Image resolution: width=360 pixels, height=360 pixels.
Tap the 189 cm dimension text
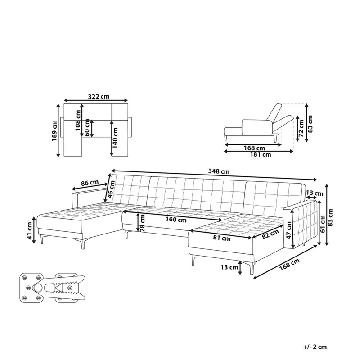(x=54, y=130)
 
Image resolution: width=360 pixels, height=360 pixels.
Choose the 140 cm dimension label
(x=115, y=139)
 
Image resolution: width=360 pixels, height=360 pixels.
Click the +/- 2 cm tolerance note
(x=314, y=347)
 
